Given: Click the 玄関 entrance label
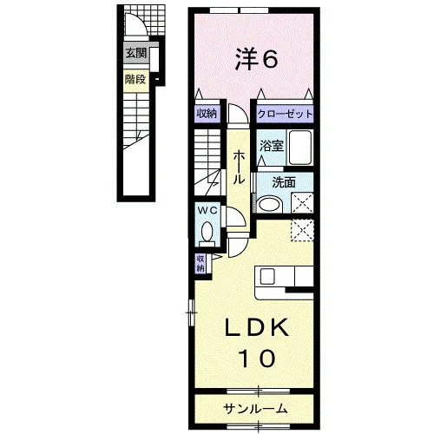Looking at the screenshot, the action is [x=136, y=53].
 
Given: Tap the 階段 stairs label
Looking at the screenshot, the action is [x=135, y=79].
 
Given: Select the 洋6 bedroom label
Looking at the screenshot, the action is [x=256, y=60].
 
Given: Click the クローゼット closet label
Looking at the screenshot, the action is [x=285, y=114].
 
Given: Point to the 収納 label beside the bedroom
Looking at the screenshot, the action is [x=207, y=114].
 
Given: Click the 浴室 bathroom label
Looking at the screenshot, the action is [x=271, y=146].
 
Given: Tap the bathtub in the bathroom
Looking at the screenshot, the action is [x=300, y=148].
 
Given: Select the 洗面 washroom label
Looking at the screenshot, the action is [x=284, y=182].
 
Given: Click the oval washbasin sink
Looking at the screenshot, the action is [x=270, y=204].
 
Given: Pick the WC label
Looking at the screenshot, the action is [x=207, y=211].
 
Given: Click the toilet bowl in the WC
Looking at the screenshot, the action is [x=207, y=232].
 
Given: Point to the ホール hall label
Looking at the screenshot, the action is [x=239, y=168].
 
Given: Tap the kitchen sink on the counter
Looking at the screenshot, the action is [x=267, y=277].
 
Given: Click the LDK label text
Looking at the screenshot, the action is [x=257, y=327].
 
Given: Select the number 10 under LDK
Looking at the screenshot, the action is [x=256, y=358].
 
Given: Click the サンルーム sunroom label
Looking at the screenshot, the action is [x=255, y=409].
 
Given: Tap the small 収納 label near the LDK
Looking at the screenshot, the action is [x=201, y=263].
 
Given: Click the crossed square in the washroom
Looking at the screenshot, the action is [x=302, y=202].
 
